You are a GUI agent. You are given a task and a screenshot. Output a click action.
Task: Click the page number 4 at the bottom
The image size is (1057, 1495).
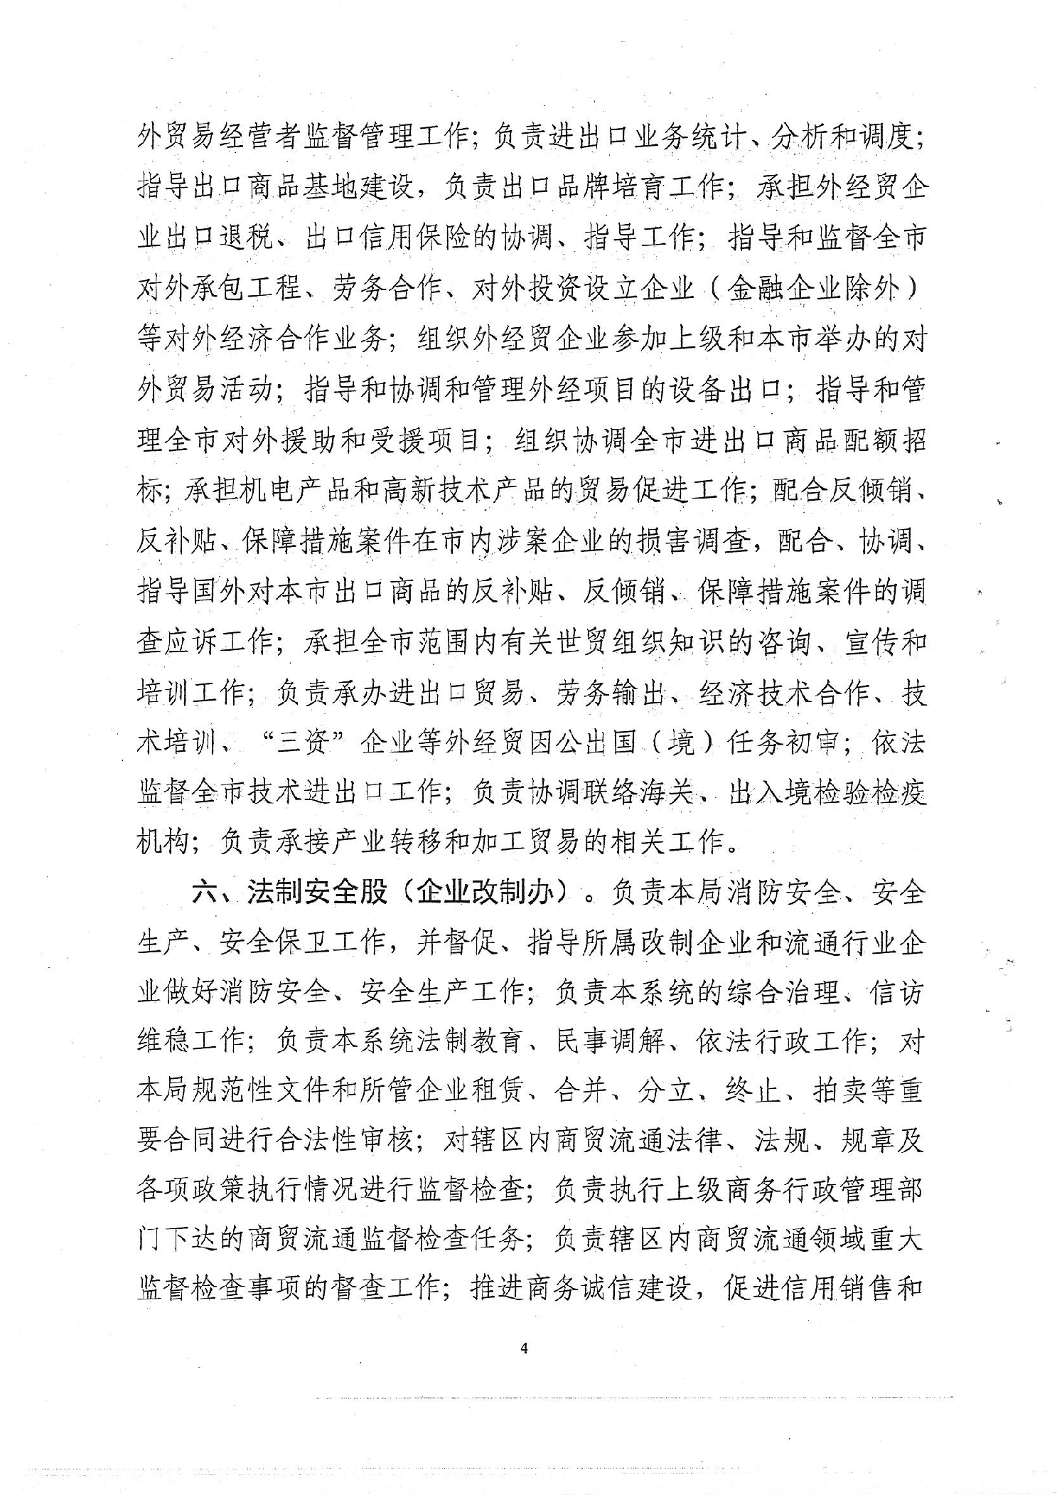(525, 1347)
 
